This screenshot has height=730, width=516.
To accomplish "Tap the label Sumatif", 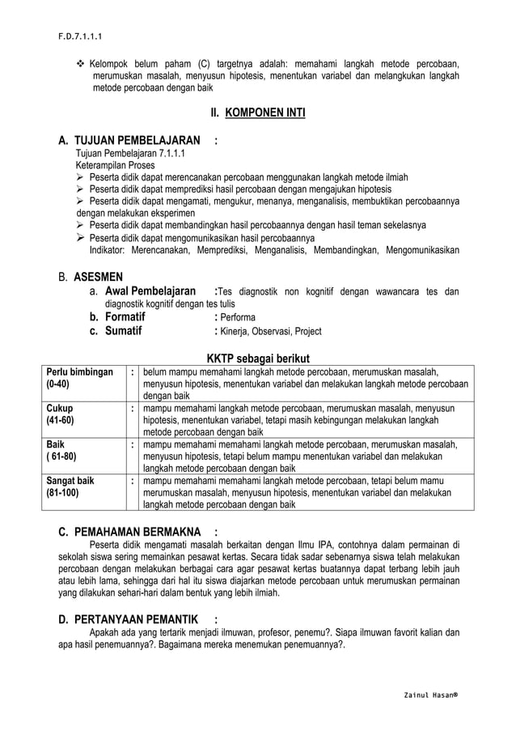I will [124, 331].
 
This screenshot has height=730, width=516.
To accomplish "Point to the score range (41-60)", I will [61, 421].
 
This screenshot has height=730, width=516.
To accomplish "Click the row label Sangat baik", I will [70, 481].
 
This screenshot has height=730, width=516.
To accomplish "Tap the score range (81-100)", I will [63, 493].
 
